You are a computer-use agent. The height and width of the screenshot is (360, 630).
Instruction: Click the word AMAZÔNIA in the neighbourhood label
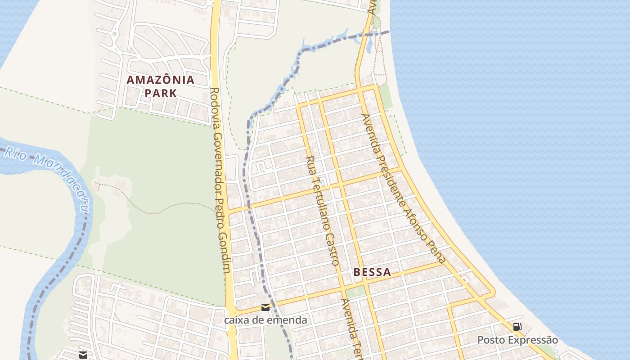(x=161, y=80)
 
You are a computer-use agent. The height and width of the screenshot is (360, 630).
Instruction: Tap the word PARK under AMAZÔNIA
(x=161, y=94)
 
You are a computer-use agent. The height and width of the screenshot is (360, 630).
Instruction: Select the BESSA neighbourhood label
(x=372, y=272)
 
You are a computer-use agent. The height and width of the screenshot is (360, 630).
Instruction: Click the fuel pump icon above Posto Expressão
(x=517, y=327)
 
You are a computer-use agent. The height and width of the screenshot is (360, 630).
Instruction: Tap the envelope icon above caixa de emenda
(x=265, y=307)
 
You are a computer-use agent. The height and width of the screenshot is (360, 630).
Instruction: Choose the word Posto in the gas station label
(x=491, y=340)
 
